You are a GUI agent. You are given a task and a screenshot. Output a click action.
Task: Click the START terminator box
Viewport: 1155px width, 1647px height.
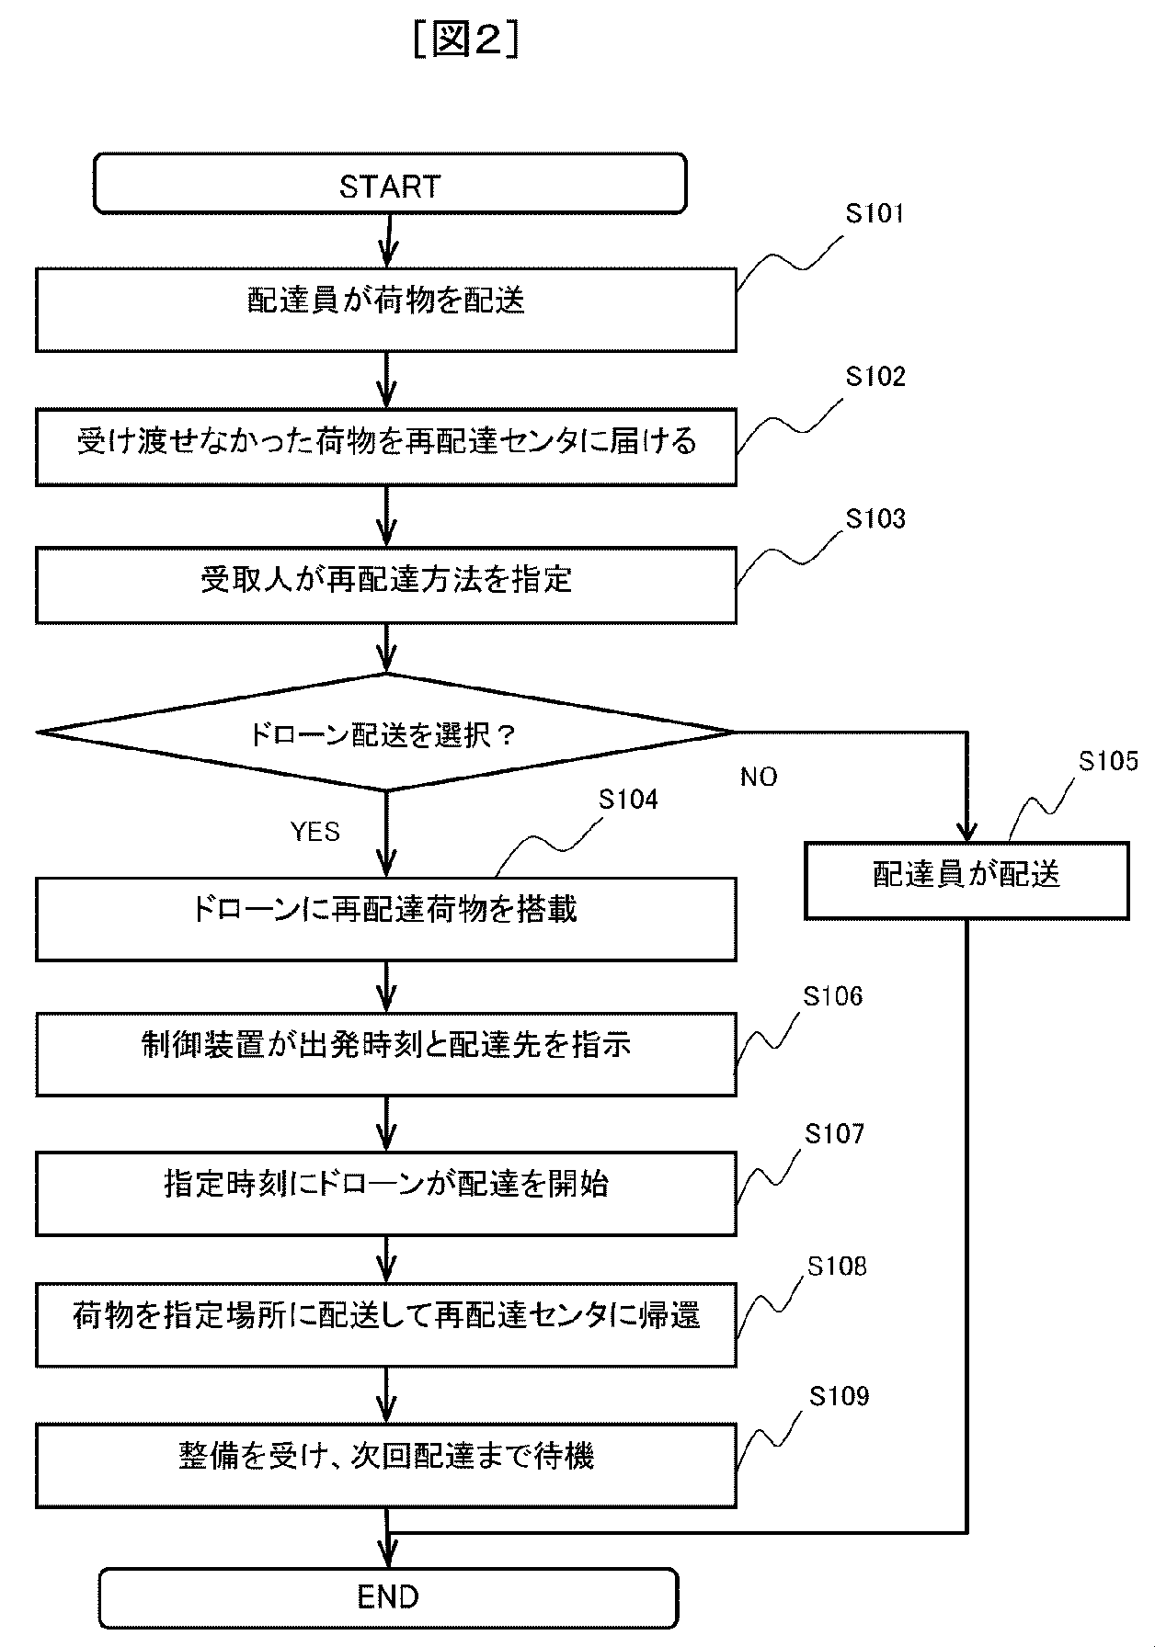389,185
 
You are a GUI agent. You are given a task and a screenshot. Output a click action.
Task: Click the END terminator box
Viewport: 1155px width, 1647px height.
387,1596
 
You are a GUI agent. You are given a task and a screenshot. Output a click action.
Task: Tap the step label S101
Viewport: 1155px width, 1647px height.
875,214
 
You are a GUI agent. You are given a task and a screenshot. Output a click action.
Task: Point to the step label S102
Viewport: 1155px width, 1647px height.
875,377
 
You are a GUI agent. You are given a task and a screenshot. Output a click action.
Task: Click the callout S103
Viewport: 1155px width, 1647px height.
875,519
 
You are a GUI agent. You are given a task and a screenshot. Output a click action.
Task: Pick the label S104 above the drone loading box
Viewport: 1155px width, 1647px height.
628,800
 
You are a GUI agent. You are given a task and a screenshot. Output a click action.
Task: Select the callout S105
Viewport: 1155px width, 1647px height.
1107,761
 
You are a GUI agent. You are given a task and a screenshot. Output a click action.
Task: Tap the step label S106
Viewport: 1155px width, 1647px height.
832,996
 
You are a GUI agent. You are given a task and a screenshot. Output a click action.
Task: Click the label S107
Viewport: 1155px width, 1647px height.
834,1134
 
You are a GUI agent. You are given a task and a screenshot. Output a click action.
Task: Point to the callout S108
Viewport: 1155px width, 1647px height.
836,1266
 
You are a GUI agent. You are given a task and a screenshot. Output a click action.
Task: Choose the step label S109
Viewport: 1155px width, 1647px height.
838,1397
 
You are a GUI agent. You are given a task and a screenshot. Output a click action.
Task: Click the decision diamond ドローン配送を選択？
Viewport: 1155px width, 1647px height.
385,733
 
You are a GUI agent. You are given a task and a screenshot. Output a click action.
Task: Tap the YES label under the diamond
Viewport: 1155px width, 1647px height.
315,832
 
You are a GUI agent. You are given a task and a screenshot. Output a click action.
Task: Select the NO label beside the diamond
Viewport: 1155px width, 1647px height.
759,778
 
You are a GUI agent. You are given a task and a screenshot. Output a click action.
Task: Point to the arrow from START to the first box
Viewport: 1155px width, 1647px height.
387,241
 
